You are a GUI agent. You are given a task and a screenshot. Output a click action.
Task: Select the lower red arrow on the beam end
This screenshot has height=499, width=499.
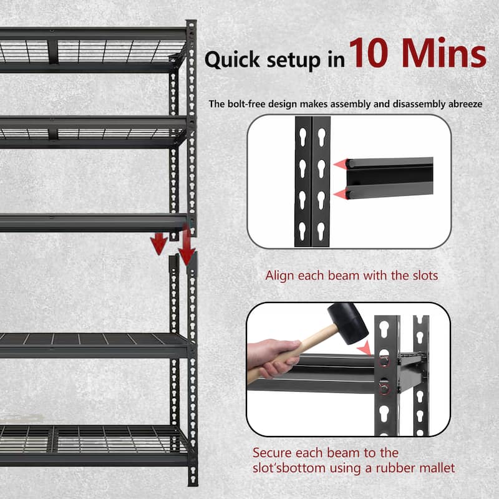[340, 195]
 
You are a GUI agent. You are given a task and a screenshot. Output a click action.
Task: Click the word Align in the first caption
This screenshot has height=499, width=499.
[279, 275]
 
